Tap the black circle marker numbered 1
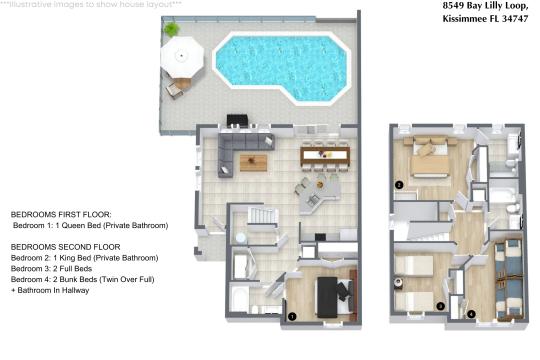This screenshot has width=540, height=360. click(292, 315)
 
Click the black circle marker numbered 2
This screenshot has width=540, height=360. click(398, 185)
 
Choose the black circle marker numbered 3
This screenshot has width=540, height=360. click(441, 305)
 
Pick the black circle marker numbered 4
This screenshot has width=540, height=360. click(473, 313)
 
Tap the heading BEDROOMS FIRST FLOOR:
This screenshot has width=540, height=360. click(54, 215)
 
